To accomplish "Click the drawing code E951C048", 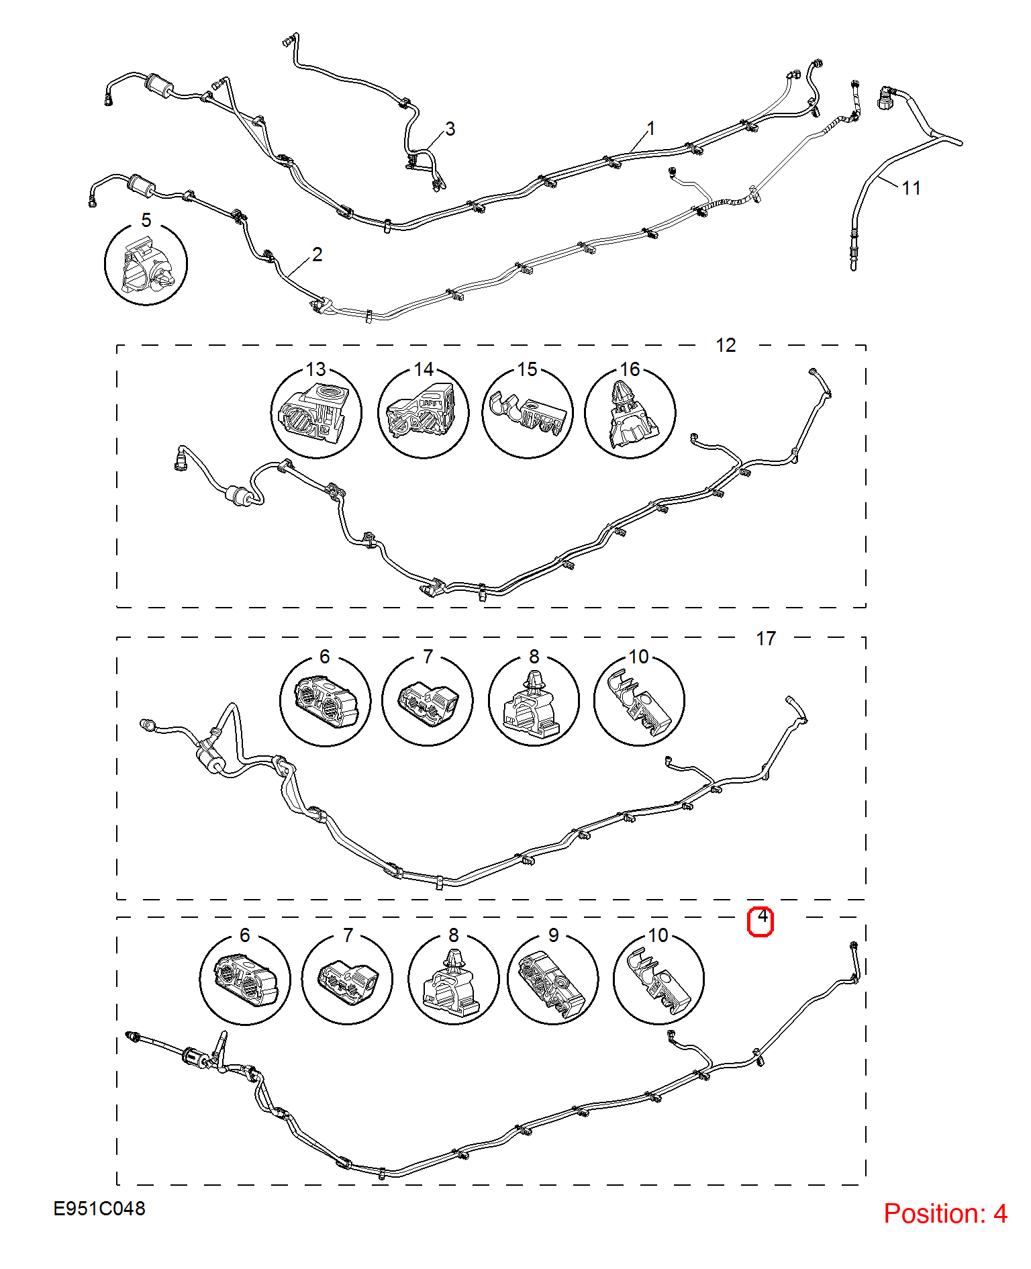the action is pos(99,1209).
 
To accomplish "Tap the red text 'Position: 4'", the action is pos(945,1213).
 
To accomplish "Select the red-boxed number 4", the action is pos(761,921).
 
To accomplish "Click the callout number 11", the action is pos(911,188).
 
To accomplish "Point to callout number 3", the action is pos(450,129).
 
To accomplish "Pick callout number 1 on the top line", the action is pos(650,128).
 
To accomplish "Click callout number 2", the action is pos(317,254).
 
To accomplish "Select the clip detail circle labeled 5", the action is pos(146,263).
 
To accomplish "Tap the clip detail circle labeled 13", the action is pos(316,413).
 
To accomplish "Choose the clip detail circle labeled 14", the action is pos(424,413).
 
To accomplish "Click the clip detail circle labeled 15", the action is pos(528,413).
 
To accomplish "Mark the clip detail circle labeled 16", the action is pos(630,413).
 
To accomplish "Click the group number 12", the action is pos(726,345).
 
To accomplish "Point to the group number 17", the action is pos(766,639).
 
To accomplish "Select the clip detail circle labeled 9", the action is pos(553,979).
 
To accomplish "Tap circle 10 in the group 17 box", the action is pos(639,700).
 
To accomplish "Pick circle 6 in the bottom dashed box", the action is pos(245,979).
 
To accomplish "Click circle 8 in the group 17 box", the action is pos(534,700).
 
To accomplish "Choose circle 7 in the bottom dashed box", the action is pos(347,979).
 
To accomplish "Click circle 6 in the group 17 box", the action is pos(325,700).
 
